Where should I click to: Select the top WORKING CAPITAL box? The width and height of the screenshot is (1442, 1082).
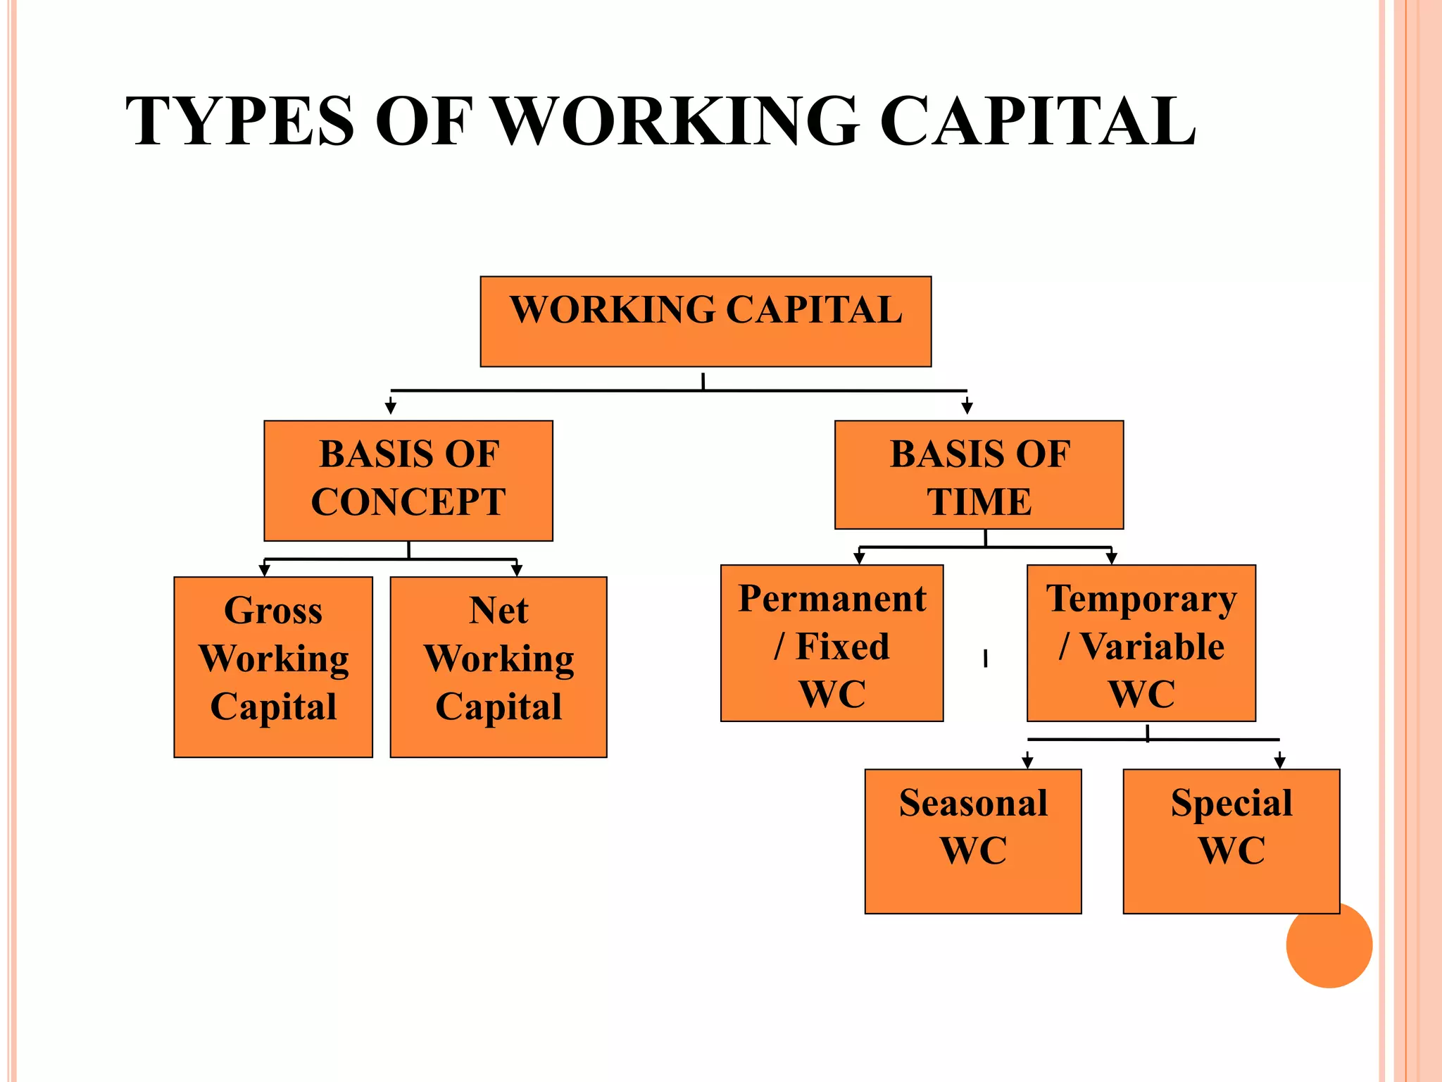(706, 322)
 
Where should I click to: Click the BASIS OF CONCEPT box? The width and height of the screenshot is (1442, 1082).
(408, 480)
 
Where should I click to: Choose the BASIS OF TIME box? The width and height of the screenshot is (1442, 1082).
(979, 475)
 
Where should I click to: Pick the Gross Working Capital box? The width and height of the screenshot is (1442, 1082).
(273, 666)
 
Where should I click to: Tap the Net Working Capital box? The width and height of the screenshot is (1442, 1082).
(499, 666)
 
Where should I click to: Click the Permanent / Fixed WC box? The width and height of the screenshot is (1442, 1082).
(832, 642)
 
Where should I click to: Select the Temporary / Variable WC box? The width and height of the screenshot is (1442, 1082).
(1141, 642)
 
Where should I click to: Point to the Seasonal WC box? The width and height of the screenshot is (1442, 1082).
(973, 841)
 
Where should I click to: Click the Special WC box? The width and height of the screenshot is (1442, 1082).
(1231, 841)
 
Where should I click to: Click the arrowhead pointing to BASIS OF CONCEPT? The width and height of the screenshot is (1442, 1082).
(391, 408)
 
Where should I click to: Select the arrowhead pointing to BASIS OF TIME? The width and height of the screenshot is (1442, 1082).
(967, 408)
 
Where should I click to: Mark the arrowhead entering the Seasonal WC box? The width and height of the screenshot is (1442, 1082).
(1027, 762)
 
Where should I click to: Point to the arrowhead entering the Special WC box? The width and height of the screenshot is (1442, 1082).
(1280, 762)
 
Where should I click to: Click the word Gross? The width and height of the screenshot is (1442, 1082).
(273, 611)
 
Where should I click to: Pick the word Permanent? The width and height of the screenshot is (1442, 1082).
(832, 599)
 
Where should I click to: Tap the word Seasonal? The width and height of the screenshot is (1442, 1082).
(973, 803)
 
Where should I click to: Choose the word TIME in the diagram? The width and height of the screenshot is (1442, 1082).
(979, 502)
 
